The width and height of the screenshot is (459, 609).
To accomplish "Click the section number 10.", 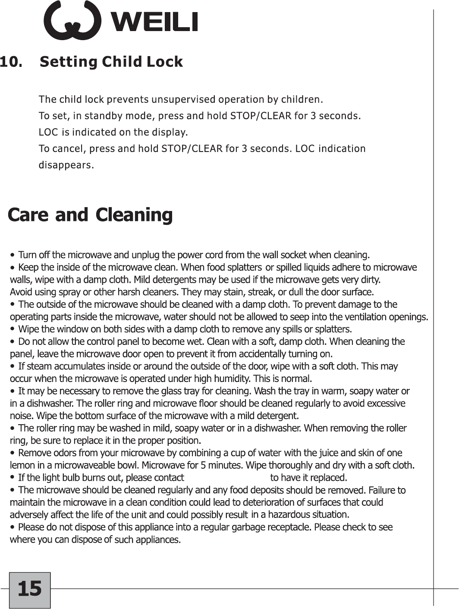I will (x=11, y=62).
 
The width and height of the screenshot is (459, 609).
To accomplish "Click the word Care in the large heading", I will (x=29, y=215).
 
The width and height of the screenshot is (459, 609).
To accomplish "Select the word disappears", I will (x=66, y=165).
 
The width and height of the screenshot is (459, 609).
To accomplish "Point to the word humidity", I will (x=233, y=379).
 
